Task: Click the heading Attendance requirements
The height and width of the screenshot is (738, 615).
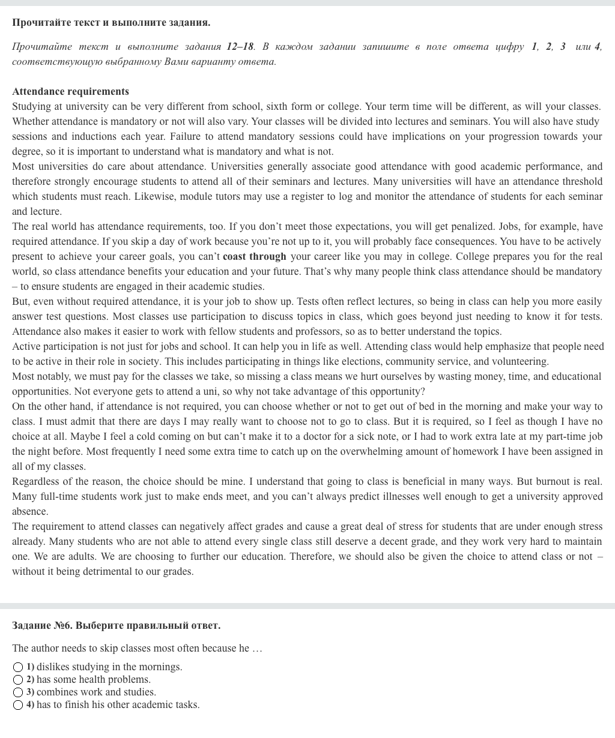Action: click(x=70, y=92)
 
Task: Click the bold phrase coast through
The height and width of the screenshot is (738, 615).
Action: click(x=254, y=257)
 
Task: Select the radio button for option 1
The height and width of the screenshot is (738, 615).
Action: click(x=18, y=667)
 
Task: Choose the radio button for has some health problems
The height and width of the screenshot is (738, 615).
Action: click(x=18, y=680)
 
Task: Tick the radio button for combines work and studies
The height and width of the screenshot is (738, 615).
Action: click(x=18, y=692)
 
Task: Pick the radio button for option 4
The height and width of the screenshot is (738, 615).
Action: click(x=18, y=705)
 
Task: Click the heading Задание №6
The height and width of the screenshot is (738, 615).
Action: click(x=116, y=626)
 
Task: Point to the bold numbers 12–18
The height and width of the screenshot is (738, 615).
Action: click(x=240, y=47)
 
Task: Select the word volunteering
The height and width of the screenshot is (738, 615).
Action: click(x=520, y=362)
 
